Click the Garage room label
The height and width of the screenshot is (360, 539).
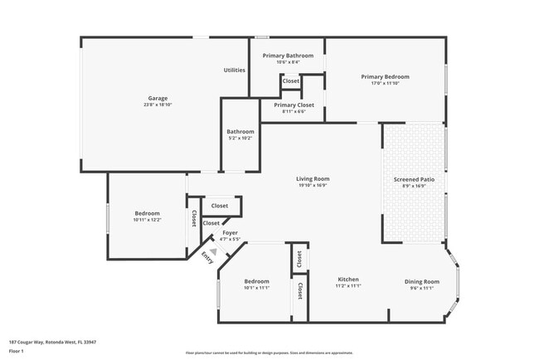[152, 99]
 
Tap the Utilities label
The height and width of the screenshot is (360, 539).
[234, 71]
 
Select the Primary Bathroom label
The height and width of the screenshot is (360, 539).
[288, 56]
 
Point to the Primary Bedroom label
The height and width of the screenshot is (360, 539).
[385, 77]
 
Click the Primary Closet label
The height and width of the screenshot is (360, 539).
[294, 105]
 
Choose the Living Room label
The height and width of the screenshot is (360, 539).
[313, 179]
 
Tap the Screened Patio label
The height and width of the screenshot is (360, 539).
[412, 179]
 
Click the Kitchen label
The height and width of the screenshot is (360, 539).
[348, 280]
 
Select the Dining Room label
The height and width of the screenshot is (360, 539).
[421, 281]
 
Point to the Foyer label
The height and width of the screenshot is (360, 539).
[230, 234]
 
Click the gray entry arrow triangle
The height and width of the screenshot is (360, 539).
[213, 251]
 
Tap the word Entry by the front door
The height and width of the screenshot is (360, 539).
[206, 259]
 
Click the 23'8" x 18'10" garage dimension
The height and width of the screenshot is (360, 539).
[152, 105]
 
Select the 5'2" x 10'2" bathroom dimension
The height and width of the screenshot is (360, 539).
[240, 138]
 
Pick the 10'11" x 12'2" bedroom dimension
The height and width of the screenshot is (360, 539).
[147, 220]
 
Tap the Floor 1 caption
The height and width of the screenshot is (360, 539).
[17, 350]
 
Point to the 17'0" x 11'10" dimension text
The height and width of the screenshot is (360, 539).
[385, 84]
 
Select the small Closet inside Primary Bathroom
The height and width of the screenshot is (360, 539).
[291, 81]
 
